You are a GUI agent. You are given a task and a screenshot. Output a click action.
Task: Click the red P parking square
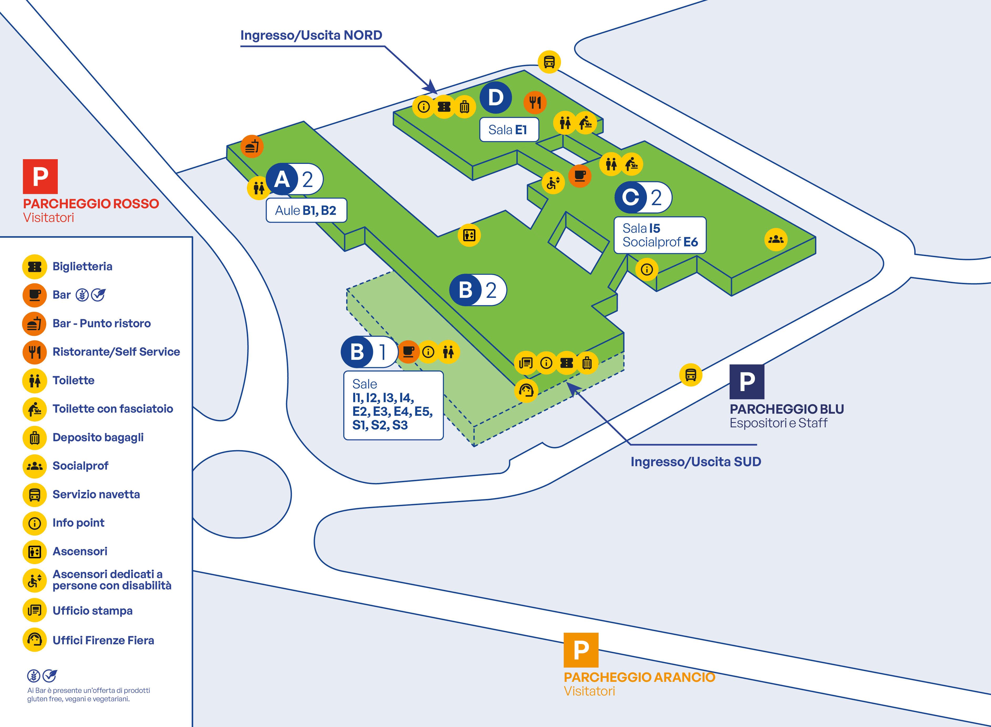(x=40, y=176)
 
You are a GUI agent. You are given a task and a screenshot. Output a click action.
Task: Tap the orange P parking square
(x=581, y=650)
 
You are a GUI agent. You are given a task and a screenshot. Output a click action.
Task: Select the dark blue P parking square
(x=747, y=382)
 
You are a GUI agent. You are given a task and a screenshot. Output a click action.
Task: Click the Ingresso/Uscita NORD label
(x=311, y=35)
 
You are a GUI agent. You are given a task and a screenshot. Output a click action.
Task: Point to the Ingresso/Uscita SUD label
(x=695, y=462)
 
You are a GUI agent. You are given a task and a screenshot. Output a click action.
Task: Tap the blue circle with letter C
(x=631, y=197)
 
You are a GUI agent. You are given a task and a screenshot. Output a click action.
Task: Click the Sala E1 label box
(x=509, y=130)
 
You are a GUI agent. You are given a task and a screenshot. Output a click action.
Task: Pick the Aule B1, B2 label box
(x=306, y=210)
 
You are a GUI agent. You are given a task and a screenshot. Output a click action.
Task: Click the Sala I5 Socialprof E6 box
(x=660, y=235)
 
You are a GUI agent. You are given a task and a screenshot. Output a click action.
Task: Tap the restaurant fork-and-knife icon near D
(x=535, y=102)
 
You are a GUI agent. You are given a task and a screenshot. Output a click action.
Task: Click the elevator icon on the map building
(x=469, y=235)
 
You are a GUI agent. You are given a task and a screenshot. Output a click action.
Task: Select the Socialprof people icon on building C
(x=776, y=239)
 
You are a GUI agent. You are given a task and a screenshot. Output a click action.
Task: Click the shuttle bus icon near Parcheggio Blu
(x=691, y=375)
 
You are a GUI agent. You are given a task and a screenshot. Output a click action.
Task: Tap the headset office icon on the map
(x=526, y=390)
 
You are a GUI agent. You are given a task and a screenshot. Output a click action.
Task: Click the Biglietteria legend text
(x=82, y=266)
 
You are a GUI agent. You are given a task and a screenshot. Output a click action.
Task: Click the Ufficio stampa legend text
(x=92, y=611)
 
